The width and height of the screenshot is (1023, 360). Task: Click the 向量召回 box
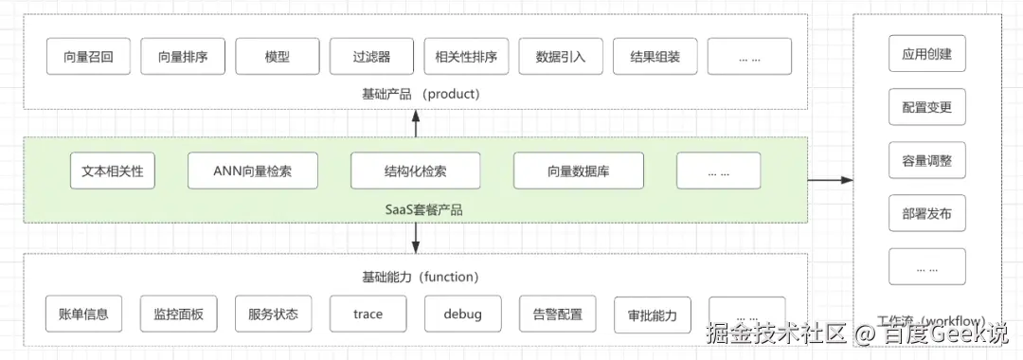(x=88, y=56)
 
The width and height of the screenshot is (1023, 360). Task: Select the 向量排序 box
(x=183, y=56)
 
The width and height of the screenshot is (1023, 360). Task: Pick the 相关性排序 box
(x=466, y=56)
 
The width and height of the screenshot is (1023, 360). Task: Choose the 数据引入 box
(x=561, y=56)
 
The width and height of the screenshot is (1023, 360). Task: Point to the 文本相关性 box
(x=113, y=171)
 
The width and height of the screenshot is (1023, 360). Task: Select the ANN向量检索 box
(x=253, y=171)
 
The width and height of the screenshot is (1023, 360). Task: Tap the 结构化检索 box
(x=415, y=171)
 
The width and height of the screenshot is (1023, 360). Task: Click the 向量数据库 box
(x=579, y=171)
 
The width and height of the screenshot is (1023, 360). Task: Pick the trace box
(x=368, y=314)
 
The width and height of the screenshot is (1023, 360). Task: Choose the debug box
(x=462, y=314)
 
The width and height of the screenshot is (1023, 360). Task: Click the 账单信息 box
(x=83, y=314)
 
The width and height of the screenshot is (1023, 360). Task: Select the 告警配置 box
(x=558, y=314)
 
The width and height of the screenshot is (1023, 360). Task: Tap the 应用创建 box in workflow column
(x=926, y=54)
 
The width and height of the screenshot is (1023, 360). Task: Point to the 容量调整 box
(x=926, y=160)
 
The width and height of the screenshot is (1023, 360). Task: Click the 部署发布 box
(x=926, y=214)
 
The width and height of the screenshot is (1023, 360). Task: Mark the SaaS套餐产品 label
(x=415, y=209)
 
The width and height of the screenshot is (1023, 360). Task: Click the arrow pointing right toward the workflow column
(x=833, y=179)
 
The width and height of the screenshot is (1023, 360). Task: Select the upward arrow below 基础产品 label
(x=415, y=122)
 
